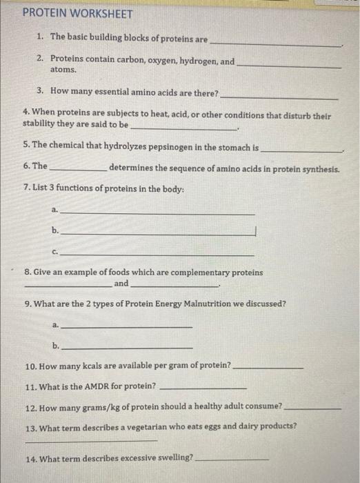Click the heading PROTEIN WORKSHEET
(x=68, y=13)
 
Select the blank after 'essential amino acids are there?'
(x=279, y=97)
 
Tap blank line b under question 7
(x=159, y=235)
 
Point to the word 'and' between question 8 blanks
(x=121, y=284)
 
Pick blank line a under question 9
(x=127, y=325)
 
